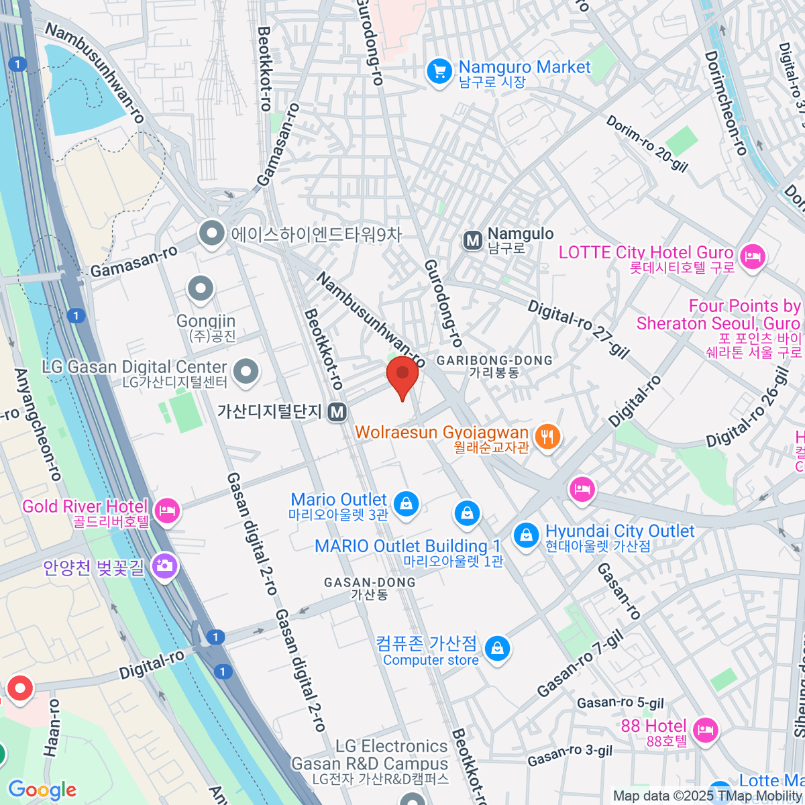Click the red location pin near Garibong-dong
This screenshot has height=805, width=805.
tap(402, 376)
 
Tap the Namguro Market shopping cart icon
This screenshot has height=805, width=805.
tap(439, 70)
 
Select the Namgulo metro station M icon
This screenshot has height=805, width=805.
tap(473, 240)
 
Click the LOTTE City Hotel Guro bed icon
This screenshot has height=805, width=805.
tap(752, 256)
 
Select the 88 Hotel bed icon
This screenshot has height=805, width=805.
tap(704, 729)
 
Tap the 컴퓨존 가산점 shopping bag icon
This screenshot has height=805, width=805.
tap(497, 648)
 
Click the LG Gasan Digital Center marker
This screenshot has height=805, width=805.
tap(246, 371)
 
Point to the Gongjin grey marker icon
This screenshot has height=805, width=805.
tap(200, 289)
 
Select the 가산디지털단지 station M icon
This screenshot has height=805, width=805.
tap(337, 412)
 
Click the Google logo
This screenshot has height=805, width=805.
tap(42, 790)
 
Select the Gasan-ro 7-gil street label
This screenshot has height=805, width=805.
tap(580, 664)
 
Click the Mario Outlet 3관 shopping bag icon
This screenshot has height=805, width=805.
tap(405, 503)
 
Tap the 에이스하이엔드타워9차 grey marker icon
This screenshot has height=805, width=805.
tap(212, 234)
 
